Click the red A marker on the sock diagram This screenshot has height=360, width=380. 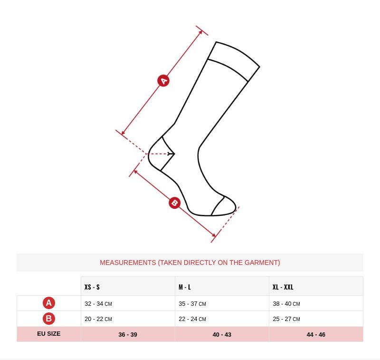pos(163,81)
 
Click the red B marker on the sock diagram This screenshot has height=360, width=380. pos(174,203)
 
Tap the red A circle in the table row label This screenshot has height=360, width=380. pos(49,303)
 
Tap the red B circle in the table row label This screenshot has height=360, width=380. pos(49,319)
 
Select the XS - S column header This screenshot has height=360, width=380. pos(92,287)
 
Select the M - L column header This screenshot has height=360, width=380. pos(185,287)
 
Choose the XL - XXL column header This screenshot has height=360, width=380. pos(283,287)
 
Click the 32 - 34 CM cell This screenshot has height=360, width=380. pos(98,304)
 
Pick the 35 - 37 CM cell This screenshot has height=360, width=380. pos(192,304)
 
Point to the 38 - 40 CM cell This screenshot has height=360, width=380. pos(286,304)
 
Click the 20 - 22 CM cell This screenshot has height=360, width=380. pos(98,319)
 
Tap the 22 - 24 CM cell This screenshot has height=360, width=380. pos(192,319)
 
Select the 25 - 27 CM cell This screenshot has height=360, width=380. pos(286,319)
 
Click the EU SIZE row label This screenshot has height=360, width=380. pos(49,334)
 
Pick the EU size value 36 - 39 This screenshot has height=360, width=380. pos(128,334)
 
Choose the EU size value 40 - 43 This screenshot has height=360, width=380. pos(222,334)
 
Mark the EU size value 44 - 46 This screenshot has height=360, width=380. pos(316,334)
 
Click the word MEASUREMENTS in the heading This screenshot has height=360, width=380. pos(128,263)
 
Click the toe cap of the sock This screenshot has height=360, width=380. pos(224,207)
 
